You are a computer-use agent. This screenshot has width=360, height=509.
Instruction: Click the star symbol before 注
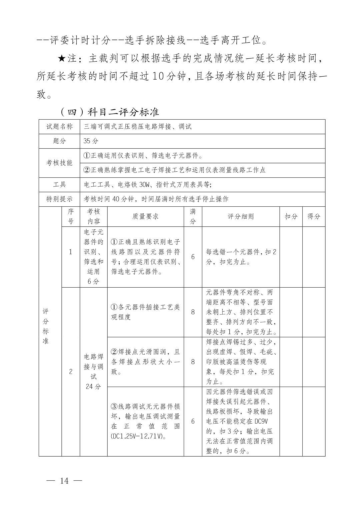[62, 59]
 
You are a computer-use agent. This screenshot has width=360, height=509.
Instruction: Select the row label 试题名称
[59, 127]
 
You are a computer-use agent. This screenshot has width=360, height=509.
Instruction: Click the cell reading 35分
[91, 141]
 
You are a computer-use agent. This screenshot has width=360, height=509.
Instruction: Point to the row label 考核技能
[59, 163]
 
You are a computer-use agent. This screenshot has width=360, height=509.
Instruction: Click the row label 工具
[59, 185]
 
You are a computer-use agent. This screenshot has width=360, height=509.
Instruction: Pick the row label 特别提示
[59, 199]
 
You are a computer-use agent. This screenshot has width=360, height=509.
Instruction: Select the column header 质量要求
[145, 216]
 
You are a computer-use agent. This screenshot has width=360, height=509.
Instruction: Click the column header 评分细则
[241, 216]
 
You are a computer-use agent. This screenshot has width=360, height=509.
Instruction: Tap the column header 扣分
[291, 216]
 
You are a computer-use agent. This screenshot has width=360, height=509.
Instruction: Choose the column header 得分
[314, 216]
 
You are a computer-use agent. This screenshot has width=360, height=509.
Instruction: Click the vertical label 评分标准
[45, 326]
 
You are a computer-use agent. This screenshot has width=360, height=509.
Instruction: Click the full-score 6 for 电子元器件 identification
[193, 257]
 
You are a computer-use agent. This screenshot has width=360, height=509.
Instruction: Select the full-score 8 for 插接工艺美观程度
[193, 312]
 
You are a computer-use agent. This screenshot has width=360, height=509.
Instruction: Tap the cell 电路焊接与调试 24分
[93, 372]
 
